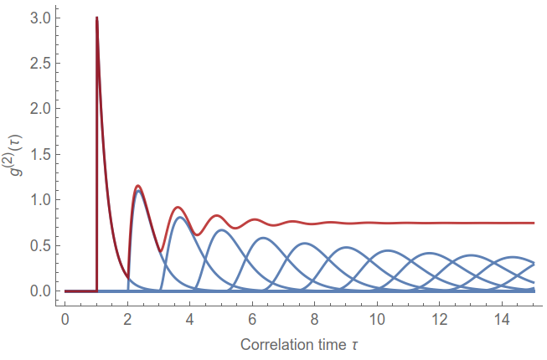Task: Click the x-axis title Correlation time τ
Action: [x=300, y=344]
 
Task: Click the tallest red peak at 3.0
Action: [x=97, y=18]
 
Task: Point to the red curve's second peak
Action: [x=138, y=186]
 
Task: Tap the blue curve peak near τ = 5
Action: [x=221, y=230]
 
